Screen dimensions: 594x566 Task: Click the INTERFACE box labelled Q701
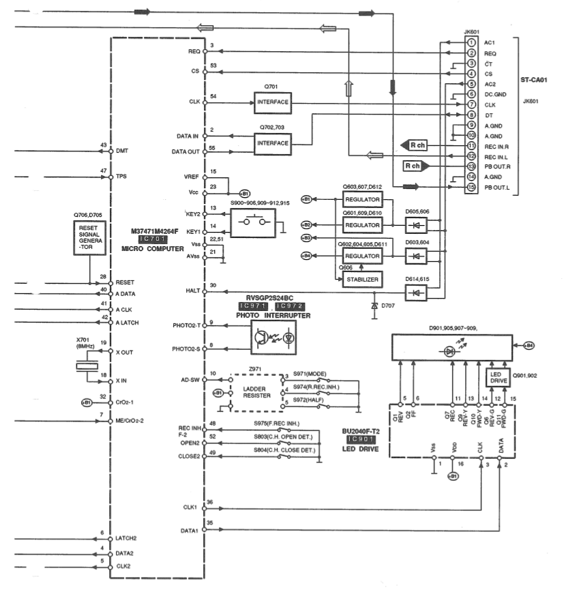pyautogui.click(x=272, y=102)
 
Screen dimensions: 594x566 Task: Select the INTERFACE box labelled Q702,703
pyautogui.click(x=272, y=144)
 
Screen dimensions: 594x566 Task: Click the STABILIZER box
pyautogui.click(x=361, y=279)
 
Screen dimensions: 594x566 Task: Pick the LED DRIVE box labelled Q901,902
pyautogui.click(x=497, y=378)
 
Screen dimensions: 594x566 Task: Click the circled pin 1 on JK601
pyautogui.click(x=471, y=43)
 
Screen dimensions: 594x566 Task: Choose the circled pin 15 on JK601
pyautogui.click(x=471, y=187)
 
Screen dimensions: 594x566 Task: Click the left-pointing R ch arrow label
pyautogui.click(x=414, y=145)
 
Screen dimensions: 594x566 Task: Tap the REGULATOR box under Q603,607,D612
pyautogui.click(x=361, y=199)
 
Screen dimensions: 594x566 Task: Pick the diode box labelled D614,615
pyautogui.click(x=415, y=291)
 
